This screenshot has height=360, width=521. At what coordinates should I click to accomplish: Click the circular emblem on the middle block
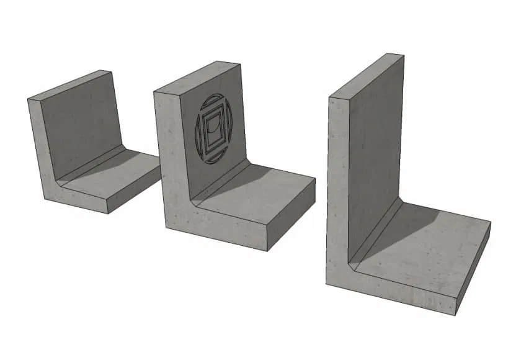(x=214, y=128)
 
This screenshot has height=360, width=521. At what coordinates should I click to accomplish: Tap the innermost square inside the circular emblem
(x=214, y=129)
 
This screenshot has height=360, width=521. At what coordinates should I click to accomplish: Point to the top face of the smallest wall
(x=70, y=85)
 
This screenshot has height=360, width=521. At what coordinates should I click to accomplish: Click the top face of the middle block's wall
(x=197, y=78)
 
